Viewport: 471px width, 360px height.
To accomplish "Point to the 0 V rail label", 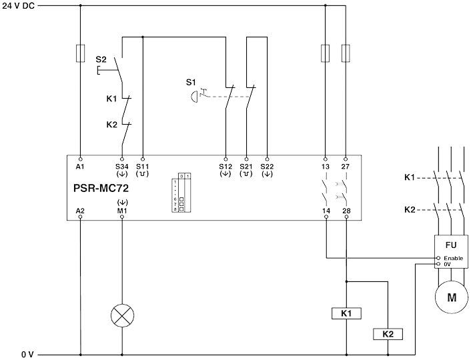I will point(27,355).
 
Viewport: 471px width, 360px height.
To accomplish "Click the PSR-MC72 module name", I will point(101,188).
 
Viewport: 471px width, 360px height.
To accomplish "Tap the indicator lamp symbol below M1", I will point(121,316).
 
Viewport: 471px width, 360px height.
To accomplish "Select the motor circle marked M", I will point(452,298).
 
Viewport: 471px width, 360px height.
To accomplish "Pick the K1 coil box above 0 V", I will point(346,313).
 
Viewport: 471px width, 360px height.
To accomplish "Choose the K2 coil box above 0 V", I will point(388,333).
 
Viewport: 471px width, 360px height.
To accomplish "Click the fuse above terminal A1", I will point(81,53).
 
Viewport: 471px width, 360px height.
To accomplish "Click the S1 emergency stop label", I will point(191,82).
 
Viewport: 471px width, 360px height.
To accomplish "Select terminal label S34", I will point(121,166).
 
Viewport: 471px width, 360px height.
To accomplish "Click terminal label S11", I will point(143,166).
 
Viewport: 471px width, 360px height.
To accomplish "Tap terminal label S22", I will point(267,166).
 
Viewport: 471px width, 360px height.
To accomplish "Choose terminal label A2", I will point(81,211).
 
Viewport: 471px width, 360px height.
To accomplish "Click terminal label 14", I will point(326,211).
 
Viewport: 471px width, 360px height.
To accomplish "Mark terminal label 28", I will point(346,211).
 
